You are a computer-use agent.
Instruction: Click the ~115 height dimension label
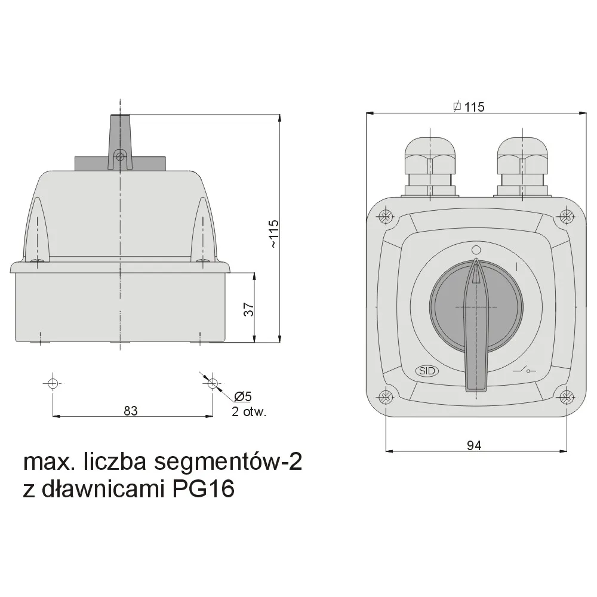pos(273,233)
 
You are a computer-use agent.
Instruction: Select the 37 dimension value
pos(249,309)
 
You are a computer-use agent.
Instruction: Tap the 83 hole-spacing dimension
pos(131,410)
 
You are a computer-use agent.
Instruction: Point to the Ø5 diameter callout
pos(243,396)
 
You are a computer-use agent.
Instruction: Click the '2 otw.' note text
pos(248,411)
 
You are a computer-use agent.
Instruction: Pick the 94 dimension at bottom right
pos(475,444)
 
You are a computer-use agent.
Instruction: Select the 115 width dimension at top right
pos(469,107)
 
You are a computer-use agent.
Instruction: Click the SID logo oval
pos(427,371)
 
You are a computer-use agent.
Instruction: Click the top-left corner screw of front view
pos(386,216)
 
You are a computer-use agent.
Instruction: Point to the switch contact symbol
pos(524,371)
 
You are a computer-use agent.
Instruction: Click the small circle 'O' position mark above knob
pos(476,250)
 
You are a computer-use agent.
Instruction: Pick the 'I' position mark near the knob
pos(516,264)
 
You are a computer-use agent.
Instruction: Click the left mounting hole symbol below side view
pos(53,383)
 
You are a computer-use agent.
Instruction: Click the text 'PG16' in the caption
pos(203,489)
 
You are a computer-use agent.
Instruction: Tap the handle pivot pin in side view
pos(120,156)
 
